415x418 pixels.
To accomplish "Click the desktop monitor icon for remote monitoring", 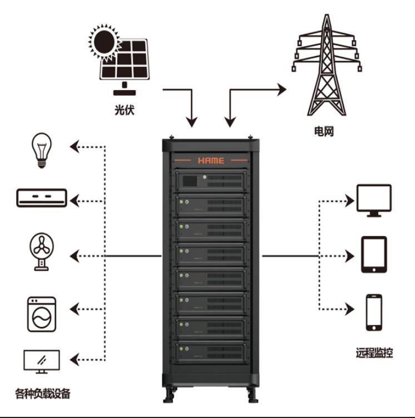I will [x=373, y=199].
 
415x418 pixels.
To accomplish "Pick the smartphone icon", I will [x=374, y=313].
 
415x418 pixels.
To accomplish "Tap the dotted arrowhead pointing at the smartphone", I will [x=350, y=307].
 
